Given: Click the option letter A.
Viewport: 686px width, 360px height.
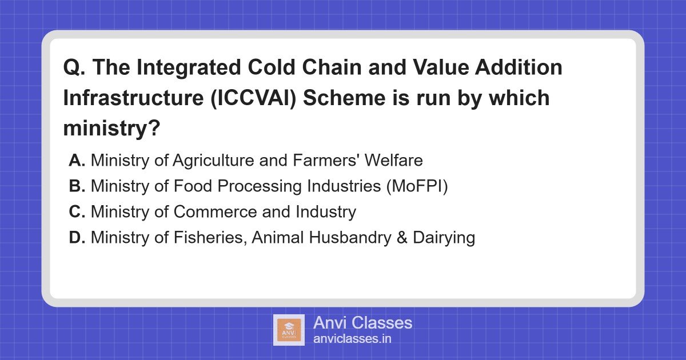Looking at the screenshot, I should (x=77, y=161).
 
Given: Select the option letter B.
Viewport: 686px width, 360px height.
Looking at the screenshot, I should (x=77, y=186).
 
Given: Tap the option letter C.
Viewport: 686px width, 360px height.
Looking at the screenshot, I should (x=77, y=212).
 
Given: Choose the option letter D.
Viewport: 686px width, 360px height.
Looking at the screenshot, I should (x=77, y=238).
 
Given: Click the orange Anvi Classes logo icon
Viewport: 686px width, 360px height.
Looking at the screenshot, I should (x=289, y=330).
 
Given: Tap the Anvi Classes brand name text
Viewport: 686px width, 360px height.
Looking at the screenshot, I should (x=362, y=322).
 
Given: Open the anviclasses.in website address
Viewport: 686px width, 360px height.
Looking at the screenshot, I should (x=352, y=339).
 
